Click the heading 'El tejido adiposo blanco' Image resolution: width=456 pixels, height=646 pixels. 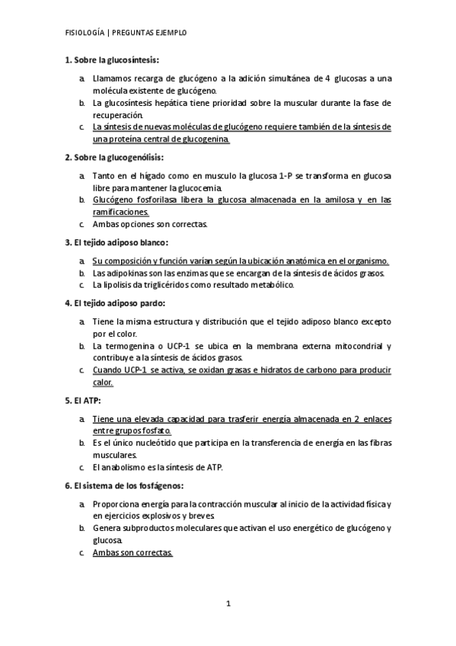coord(121,242)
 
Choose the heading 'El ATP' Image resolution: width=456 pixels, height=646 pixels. coord(88,400)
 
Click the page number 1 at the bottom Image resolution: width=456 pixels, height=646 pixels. coord(228,603)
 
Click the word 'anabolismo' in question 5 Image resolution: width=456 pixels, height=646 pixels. coord(123,467)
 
